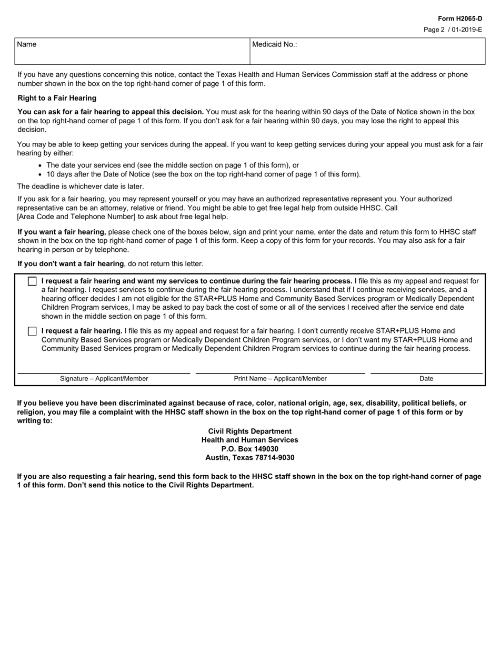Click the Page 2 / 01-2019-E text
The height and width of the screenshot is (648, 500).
pyautogui.click(x=453, y=30)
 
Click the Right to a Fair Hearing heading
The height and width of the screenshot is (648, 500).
pyautogui.click(x=57, y=98)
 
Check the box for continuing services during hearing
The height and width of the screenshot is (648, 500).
pyautogui.click(x=32, y=281)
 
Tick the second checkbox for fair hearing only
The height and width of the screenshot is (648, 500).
pyautogui.click(x=32, y=331)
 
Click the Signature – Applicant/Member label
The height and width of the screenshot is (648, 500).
pyautogui.click(x=104, y=378)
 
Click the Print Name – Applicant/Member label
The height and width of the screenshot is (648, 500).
pyautogui.click(x=280, y=378)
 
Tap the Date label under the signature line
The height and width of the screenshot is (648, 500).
pyautogui.click(x=426, y=378)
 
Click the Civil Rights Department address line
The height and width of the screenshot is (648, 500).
pyautogui.click(x=249, y=431)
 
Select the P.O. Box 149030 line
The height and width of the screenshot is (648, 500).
pyautogui.click(x=249, y=449)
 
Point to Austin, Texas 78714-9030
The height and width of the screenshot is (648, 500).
pyautogui.click(x=249, y=457)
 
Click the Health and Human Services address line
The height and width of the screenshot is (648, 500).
pyautogui.click(x=249, y=440)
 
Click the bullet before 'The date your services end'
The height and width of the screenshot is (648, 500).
pyautogui.click(x=41, y=165)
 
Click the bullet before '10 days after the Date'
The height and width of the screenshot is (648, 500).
pyautogui.click(x=41, y=174)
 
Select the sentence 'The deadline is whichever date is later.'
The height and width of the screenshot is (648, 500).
pyautogui.click(x=81, y=186)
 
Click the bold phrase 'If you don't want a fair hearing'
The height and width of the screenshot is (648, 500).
pyautogui.click(x=71, y=263)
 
